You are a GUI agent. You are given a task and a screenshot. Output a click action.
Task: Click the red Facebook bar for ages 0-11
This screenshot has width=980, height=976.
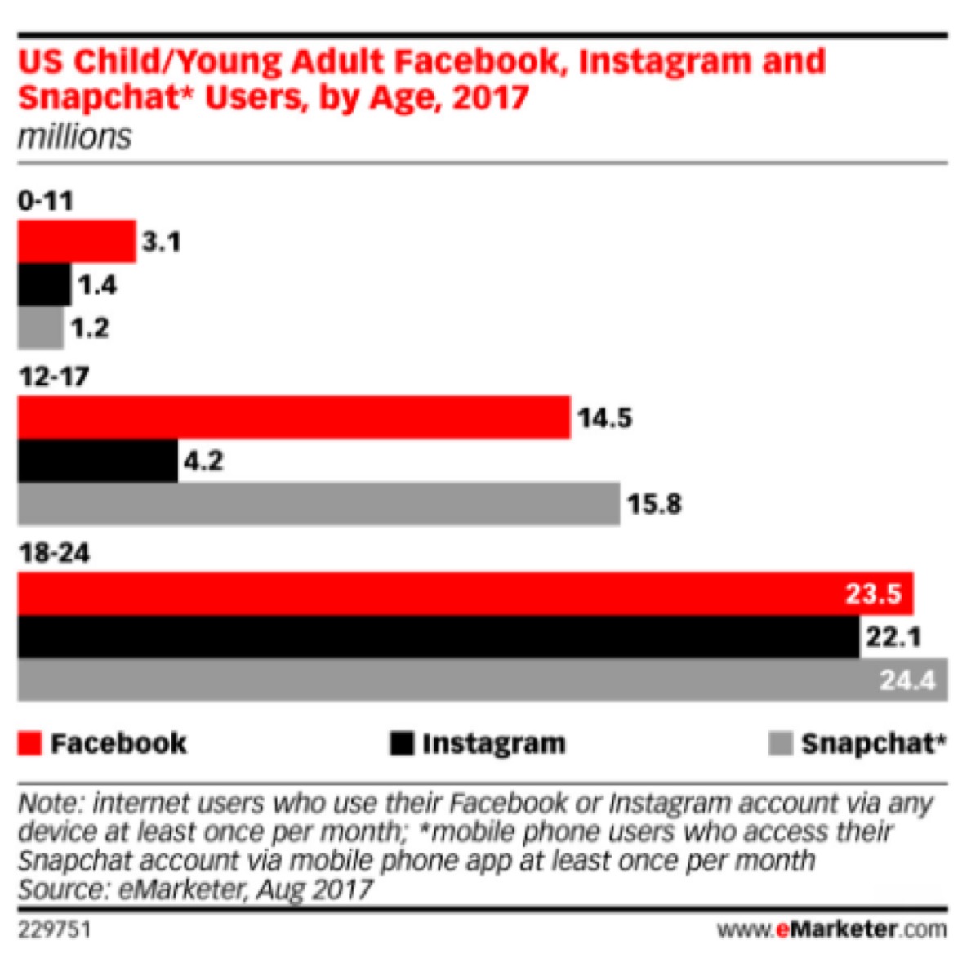[x=76, y=241]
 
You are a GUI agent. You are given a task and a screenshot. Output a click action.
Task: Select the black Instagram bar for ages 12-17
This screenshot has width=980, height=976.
[x=97, y=461]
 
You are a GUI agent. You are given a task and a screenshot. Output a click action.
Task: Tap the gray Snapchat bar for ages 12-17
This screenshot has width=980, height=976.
[x=318, y=504]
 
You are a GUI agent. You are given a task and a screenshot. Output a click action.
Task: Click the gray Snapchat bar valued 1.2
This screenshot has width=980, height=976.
[x=40, y=328]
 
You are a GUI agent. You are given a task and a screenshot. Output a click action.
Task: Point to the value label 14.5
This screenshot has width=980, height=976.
[x=604, y=418]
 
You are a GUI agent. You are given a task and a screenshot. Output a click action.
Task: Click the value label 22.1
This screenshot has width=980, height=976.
[x=893, y=636]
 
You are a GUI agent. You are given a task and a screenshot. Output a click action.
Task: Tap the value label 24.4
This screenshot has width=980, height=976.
[x=906, y=680]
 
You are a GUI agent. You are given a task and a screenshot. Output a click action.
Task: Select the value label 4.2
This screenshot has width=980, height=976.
[x=203, y=461]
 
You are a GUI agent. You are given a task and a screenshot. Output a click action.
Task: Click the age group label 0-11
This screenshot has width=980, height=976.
[x=46, y=201]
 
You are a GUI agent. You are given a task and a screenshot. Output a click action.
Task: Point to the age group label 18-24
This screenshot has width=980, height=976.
[x=55, y=553]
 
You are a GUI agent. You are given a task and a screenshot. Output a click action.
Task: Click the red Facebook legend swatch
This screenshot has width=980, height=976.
[x=29, y=743]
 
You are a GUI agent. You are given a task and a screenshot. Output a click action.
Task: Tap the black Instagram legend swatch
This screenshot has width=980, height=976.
[x=402, y=743]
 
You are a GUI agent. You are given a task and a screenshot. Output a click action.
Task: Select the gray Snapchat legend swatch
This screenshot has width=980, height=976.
[x=780, y=743]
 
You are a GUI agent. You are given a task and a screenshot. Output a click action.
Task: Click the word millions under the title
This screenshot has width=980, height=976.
[x=74, y=136]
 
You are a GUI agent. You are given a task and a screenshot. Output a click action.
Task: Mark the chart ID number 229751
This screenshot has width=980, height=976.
[x=55, y=930]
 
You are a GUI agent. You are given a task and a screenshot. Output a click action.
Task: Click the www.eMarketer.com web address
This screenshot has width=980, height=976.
[x=831, y=929]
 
